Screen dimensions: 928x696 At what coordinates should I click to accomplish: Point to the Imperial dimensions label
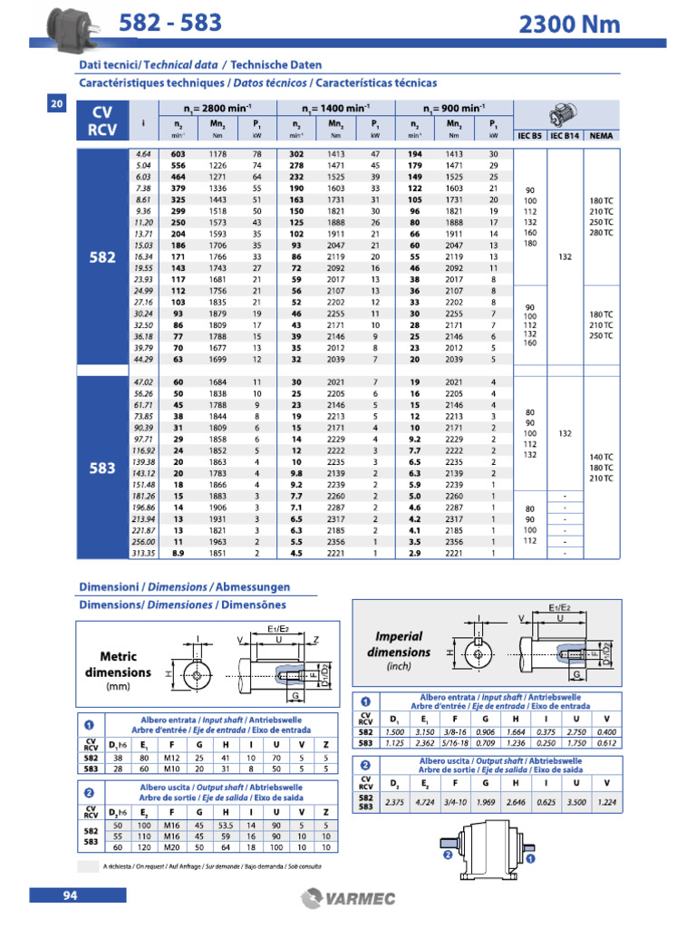coord(399,644)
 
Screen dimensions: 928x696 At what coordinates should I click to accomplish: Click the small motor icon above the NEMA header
coord(565,115)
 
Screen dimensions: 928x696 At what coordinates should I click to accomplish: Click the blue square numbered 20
coord(57,105)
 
